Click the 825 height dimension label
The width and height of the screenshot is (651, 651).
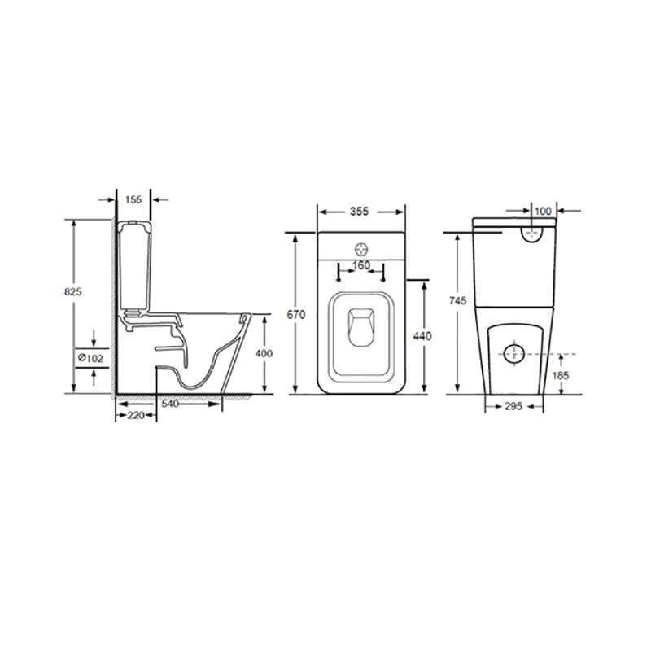(x=73, y=292)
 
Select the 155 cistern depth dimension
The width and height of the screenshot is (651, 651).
(x=133, y=199)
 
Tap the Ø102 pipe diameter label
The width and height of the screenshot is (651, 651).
(x=90, y=358)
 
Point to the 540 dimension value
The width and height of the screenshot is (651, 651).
(x=170, y=404)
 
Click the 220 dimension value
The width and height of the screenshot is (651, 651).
(x=136, y=415)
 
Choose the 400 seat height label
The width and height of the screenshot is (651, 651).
(x=264, y=353)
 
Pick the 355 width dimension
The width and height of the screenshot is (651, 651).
(x=359, y=212)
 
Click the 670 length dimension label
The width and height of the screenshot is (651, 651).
(x=296, y=315)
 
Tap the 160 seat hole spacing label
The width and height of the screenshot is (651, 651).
(x=361, y=265)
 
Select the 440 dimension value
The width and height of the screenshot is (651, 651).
(x=422, y=335)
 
